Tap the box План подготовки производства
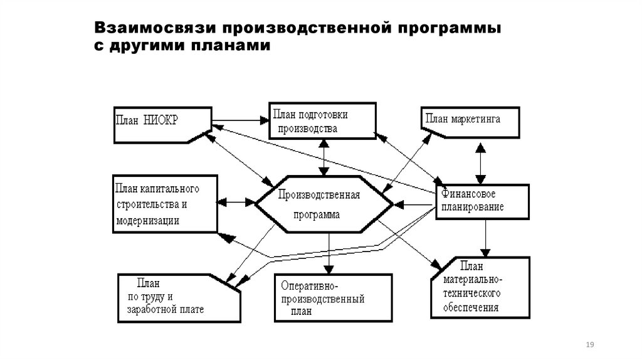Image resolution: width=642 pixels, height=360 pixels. tap(322, 121)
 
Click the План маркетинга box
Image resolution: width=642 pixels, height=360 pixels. tap(470, 122)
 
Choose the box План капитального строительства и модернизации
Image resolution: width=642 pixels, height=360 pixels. tap(165, 204)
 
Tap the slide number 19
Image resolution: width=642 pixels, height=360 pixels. tap(589, 346)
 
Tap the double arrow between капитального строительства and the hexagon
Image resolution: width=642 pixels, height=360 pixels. tap(237, 203)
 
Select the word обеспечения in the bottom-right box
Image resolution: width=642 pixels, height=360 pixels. tap(470, 308)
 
